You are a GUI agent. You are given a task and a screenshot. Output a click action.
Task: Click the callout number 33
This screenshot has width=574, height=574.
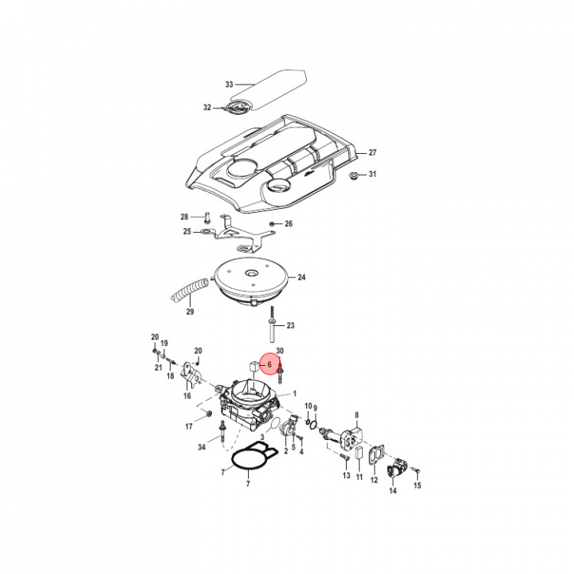pos(230,84)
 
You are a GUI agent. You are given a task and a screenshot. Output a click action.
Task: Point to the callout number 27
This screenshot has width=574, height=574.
pos(371,151)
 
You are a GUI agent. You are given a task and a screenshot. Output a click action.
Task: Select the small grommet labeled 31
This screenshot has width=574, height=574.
pos(354,173)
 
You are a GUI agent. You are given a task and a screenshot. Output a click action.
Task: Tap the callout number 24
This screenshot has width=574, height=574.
pos(301,278)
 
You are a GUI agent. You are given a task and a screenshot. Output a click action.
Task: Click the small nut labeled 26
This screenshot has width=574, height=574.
pos(273,223)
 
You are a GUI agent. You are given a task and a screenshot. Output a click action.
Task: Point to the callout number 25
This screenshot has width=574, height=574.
pos(187,232)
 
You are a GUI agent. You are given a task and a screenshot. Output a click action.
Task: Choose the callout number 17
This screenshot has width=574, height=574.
pos(190,426)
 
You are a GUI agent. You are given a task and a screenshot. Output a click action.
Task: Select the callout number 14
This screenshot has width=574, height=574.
pos(392,492)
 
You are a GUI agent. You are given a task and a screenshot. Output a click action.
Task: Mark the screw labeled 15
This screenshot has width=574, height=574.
pos(415,472)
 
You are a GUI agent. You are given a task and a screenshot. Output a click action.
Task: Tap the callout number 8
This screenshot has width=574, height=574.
pos(357,415)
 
